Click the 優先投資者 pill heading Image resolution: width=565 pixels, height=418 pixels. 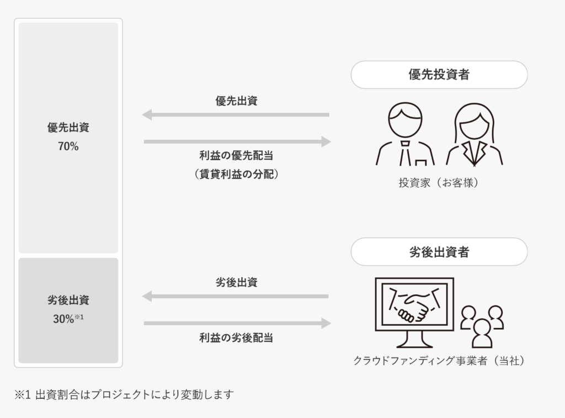click(x=439, y=75)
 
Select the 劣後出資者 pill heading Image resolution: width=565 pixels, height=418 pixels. click(x=439, y=252)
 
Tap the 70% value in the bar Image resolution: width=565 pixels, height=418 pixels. click(x=68, y=147)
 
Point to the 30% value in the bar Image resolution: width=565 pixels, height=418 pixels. click(x=64, y=319)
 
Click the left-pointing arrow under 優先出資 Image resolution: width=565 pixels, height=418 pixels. click(x=236, y=115)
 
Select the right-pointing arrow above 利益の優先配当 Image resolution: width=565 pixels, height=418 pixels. click(x=237, y=142)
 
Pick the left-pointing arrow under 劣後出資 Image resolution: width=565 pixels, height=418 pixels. click(x=236, y=297)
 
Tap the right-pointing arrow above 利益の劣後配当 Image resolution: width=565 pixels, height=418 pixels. click(x=237, y=324)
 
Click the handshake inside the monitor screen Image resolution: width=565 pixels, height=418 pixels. click(x=414, y=305)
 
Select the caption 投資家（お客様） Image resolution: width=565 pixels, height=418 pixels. click(x=439, y=183)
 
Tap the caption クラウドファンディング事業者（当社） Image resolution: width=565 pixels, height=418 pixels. click(x=439, y=361)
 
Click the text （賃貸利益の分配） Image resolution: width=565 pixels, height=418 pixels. click(x=236, y=174)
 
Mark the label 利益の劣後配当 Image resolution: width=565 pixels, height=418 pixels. click(x=236, y=338)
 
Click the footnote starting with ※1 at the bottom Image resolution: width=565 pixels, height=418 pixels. click(x=124, y=395)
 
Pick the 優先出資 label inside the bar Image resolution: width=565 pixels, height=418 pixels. click(x=68, y=128)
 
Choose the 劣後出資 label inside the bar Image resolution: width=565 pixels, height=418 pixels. click(x=68, y=300)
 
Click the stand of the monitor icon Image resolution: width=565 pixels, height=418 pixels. click(x=414, y=341)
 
